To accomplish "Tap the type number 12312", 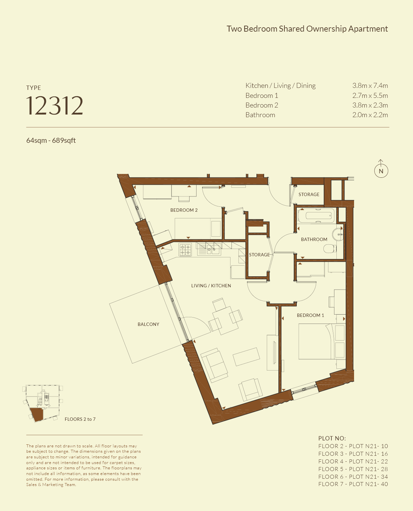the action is pos(55,106).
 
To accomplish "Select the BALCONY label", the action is pos(148,324).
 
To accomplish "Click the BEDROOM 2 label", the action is pos(184,210).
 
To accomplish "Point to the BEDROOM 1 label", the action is pos(310,315).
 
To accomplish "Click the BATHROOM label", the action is pos(314,239).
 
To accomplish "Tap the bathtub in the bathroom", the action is pos(316,215).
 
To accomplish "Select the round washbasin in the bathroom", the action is pos(338,234).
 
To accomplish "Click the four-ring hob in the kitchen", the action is pos(185,249).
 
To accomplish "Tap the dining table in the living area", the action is pos(225,320).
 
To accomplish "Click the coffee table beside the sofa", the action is pos(246,357).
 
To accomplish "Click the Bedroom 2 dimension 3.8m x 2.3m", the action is pos(370,105).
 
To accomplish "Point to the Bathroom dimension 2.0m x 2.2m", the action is pos(370,115).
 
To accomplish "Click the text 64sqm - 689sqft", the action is pos(51,140).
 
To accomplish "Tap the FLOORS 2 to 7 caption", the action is pos(80,419).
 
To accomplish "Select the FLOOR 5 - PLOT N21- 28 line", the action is pos(353,469).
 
